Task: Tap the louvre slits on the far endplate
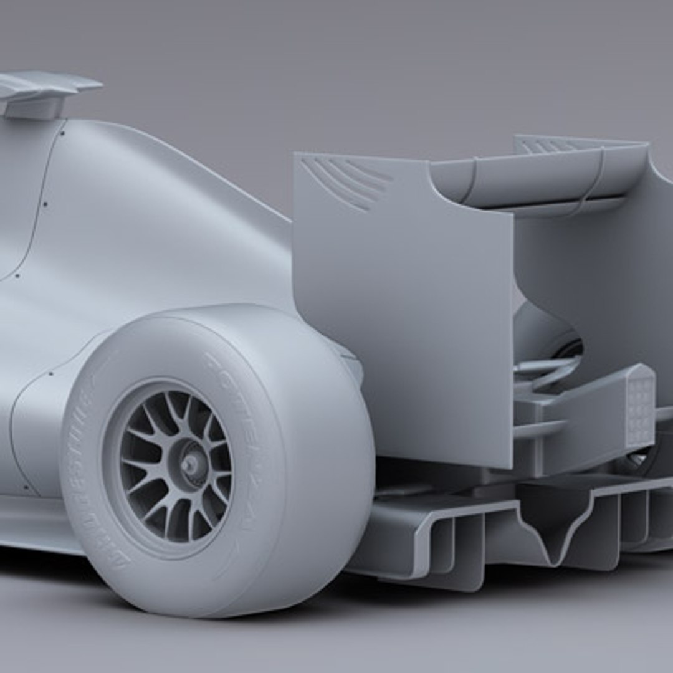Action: pos(548,146)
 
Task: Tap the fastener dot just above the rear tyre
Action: pos(50,374)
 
